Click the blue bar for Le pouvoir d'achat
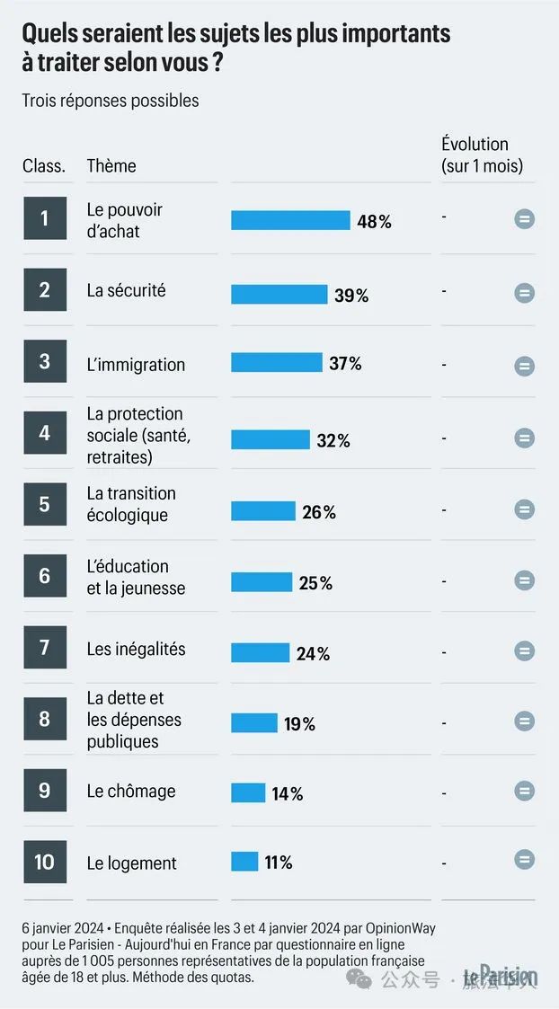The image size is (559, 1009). pyautogui.click(x=290, y=220)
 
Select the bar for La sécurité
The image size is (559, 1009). pyautogui.click(x=279, y=295)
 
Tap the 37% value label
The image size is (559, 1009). pyautogui.click(x=345, y=363)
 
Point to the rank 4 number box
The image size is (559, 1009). pyautogui.click(x=45, y=433)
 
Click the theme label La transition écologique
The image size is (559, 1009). pyautogui.click(x=131, y=504)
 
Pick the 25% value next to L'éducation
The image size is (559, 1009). pyautogui.click(x=315, y=583)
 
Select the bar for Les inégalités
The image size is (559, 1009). pyautogui.click(x=260, y=652)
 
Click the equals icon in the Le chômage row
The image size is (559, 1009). pyautogui.click(x=524, y=791)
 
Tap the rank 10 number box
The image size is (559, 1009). pyautogui.click(x=45, y=863)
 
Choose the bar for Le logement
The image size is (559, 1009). pyautogui.click(x=244, y=862)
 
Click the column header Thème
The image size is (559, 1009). pyautogui.click(x=111, y=165)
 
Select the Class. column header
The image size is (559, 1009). pyautogui.click(x=44, y=165)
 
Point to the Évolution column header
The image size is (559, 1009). pyautogui.click(x=482, y=155)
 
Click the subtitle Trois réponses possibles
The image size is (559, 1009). pyautogui.click(x=111, y=100)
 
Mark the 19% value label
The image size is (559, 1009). pyautogui.click(x=300, y=723)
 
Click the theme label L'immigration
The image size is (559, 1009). pyautogui.click(x=136, y=364)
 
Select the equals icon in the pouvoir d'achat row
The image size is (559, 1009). pyautogui.click(x=524, y=219)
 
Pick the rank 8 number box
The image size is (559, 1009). pyautogui.click(x=45, y=719)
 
